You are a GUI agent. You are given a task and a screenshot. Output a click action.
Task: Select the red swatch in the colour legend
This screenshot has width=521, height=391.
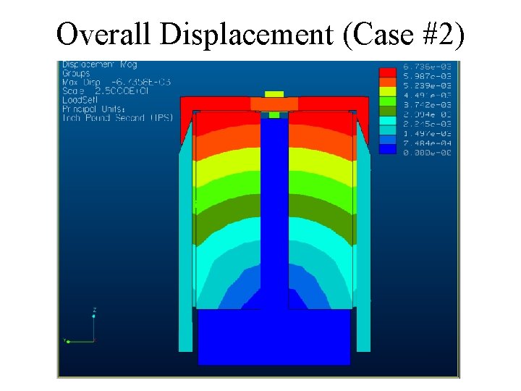(388, 72)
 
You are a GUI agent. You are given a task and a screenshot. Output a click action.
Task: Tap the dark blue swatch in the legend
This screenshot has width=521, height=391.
(388, 148)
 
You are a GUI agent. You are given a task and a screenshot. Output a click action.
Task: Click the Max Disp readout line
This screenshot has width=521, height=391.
(116, 82)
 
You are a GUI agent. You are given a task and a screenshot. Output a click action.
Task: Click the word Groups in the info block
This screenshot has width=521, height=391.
(76, 73)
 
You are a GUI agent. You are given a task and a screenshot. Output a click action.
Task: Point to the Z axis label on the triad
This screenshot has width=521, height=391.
(94, 309)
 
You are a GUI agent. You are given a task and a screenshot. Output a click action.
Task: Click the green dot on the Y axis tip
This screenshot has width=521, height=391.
(67, 341)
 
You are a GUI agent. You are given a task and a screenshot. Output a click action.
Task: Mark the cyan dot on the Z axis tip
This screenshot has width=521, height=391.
(94, 316)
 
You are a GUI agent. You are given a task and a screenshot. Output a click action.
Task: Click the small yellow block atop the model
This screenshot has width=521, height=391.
(274, 94)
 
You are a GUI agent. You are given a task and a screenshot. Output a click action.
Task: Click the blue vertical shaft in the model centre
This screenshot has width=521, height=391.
(274, 210)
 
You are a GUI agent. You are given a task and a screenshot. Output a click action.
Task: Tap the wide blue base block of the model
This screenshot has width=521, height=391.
(274, 337)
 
